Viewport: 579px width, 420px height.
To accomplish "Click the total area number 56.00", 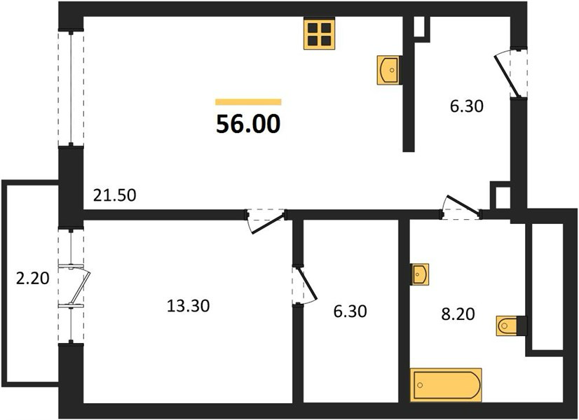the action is click(x=248, y=123).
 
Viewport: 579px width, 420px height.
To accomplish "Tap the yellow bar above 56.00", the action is click(x=249, y=102).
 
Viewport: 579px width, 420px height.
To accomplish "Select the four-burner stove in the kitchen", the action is click(x=320, y=34).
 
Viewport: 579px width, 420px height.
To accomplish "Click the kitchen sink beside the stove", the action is click(x=389, y=70).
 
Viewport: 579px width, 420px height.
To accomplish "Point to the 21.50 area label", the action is click(x=114, y=195).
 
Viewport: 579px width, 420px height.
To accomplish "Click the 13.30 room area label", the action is click(x=189, y=306).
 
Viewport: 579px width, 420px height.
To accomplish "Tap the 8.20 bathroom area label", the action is click(x=458, y=314).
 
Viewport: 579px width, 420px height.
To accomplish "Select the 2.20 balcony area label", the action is click(x=32, y=278).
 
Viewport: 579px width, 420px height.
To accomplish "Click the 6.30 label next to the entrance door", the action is click(x=466, y=106).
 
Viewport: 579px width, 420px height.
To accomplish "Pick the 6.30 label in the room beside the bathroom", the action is click(x=350, y=311).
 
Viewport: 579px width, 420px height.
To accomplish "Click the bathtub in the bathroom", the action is click(x=446, y=385).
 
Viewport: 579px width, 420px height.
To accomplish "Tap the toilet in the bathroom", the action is click(x=509, y=325).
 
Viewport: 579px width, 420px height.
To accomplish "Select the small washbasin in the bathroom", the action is click(x=419, y=274).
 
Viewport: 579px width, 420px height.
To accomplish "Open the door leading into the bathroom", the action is click(x=461, y=208).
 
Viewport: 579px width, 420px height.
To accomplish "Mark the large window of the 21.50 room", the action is click(x=71, y=88).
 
